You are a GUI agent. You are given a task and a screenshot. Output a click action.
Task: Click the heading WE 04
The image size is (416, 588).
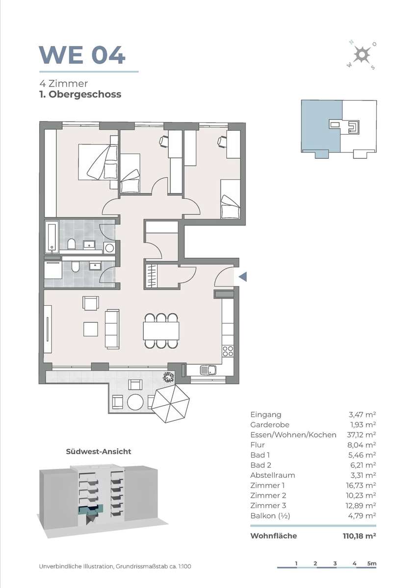82,55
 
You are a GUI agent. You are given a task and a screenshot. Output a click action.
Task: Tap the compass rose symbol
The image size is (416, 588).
362,55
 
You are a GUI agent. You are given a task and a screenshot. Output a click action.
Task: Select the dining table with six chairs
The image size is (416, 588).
161,331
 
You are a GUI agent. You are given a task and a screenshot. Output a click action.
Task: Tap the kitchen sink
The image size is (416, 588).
208,370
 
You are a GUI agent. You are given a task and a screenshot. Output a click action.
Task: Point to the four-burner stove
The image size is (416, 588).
228,351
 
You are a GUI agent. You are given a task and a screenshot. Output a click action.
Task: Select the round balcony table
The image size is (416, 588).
135,402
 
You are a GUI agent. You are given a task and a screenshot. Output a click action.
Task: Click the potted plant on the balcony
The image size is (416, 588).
168,378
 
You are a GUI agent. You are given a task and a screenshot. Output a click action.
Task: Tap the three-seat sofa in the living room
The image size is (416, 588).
112,329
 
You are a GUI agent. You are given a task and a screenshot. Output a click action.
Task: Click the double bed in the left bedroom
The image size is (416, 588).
98,162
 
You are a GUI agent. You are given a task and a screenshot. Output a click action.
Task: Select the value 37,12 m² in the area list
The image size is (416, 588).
361,435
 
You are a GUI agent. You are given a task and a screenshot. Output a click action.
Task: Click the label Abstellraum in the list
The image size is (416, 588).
273,475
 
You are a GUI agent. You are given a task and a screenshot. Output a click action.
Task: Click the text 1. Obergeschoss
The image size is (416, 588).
80,95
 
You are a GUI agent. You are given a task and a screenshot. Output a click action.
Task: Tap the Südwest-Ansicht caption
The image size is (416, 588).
98,451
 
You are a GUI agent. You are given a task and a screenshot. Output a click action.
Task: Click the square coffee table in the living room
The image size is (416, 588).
91,329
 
